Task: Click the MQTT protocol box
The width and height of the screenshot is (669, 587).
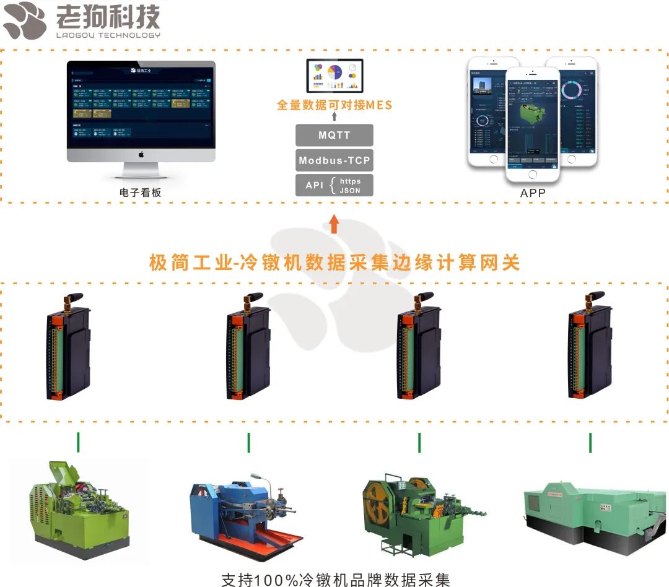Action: (x=334, y=135)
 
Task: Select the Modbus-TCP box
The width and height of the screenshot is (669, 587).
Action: (x=334, y=160)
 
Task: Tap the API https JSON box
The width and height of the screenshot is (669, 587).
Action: (x=334, y=185)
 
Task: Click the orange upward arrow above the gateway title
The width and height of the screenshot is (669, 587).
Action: (x=334, y=224)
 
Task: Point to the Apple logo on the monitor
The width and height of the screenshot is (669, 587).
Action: (x=141, y=154)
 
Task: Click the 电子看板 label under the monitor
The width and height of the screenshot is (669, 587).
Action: (x=140, y=193)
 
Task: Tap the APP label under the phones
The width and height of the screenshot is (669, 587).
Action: (x=533, y=193)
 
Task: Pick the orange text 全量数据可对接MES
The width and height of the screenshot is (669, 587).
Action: (x=334, y=105)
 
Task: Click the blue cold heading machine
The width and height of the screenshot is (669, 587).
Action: (x=245, y=508)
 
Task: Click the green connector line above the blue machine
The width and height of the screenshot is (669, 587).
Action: (x=249, y=442)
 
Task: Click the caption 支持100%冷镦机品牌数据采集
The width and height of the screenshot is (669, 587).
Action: (x=335, y=579)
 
